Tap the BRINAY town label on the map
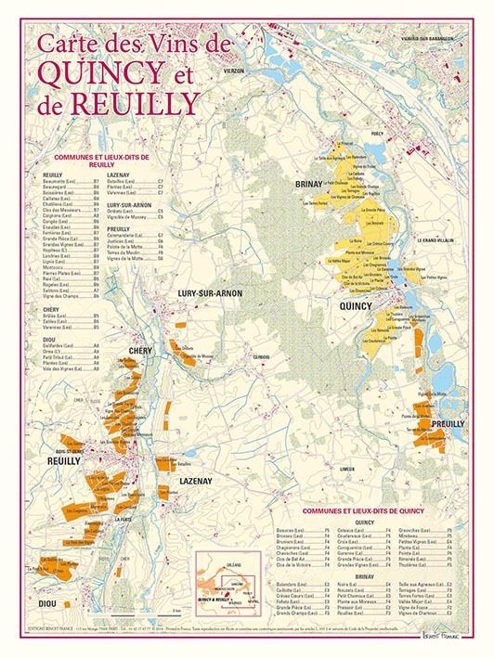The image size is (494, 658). [307, 184]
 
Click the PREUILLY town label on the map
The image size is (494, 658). [448, 423]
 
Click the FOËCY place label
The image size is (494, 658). [377, 134]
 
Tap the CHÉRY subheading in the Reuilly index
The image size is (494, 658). [51, 309]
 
